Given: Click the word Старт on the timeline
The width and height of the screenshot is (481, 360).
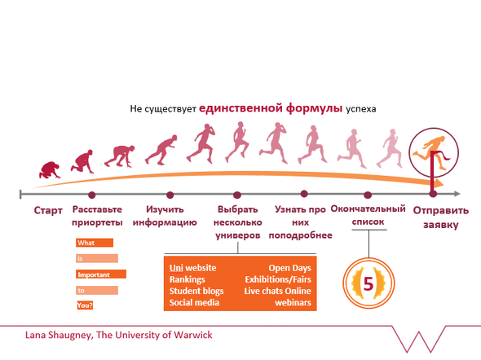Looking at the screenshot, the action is click(48, 210).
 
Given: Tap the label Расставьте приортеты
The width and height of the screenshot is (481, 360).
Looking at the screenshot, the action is click(97, 216).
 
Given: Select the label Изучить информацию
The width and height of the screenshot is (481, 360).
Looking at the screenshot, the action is click(165, 216).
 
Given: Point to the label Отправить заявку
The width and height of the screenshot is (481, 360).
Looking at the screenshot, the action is click(441, 217).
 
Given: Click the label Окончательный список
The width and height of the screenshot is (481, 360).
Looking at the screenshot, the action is click(368, 215).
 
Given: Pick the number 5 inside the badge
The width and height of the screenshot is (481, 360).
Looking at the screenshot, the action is click(368, 283).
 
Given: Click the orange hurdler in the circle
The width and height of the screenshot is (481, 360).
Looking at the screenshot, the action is click(432, 152).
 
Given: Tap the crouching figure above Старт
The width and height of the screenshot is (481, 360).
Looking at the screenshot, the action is click(50, 170).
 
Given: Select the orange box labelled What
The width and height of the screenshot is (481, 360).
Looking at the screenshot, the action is click(95, 243).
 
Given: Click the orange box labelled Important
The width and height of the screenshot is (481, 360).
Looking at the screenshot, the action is click(101, 274).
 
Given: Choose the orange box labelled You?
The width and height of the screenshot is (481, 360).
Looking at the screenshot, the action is click(85, 305).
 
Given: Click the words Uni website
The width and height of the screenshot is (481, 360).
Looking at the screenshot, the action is click(193, 268).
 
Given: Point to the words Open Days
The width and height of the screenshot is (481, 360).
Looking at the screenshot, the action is click(290, 268).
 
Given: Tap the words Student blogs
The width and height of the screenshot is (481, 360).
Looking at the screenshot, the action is click(196, 291).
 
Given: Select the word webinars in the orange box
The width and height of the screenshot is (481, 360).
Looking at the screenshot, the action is click(293, 303).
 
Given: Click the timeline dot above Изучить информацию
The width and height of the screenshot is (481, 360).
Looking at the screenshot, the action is click(170, 195).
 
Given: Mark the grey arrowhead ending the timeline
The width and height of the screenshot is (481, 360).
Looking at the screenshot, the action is click(457, 194).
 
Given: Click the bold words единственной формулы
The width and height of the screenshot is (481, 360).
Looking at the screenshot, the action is click(271, 108).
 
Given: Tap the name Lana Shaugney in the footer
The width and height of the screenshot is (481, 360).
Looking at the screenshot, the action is click(58, 336).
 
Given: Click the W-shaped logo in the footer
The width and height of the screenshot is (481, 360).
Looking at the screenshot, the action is click(419, 340).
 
